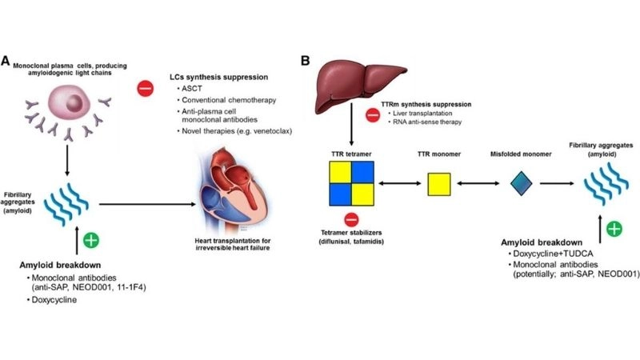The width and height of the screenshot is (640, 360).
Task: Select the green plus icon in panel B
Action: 614,229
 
